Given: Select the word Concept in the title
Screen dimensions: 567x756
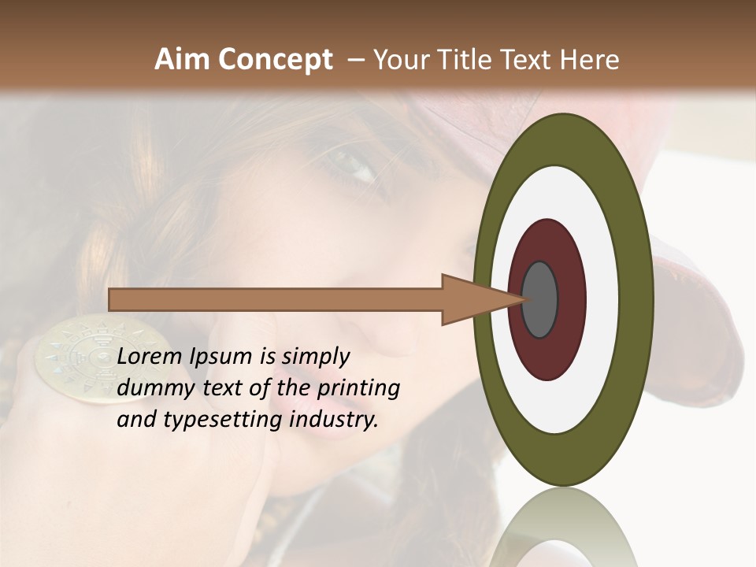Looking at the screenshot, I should (x=276, y=60).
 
